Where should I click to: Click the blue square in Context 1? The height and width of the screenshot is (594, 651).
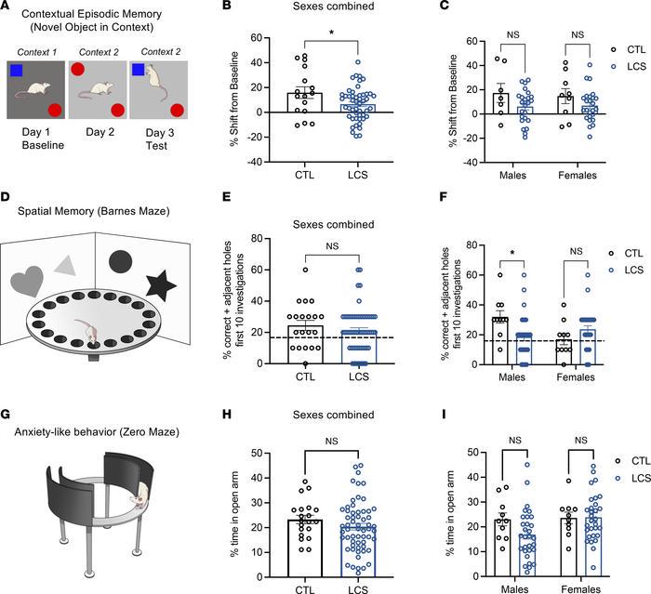coord(16,71)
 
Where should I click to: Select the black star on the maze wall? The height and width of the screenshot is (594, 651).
coord(161,284)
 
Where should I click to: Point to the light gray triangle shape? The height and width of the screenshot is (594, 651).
coord(65,265)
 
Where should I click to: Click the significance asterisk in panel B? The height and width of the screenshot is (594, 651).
coord(332,33)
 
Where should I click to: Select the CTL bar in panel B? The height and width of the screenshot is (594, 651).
coord(305,102)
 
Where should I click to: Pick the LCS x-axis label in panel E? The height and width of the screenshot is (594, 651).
coord(359,376)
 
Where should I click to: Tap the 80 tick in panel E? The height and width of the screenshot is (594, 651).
coord(257,238)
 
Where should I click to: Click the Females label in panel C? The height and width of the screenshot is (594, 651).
coord(578,175)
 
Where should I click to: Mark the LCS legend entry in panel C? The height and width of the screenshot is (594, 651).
coord(629,66)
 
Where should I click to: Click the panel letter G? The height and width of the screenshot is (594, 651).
coord(6,415)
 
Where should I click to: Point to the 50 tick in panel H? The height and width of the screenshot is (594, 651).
coord(257,453)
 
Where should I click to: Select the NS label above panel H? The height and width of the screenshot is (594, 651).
coord(332,442)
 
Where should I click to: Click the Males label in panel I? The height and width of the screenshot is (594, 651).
coord(515,589)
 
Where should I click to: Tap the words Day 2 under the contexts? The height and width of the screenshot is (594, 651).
coord(100,132)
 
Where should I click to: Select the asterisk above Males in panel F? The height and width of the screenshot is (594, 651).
coord(512,253)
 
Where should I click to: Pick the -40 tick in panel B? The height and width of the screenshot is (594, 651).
coord(255,162)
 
